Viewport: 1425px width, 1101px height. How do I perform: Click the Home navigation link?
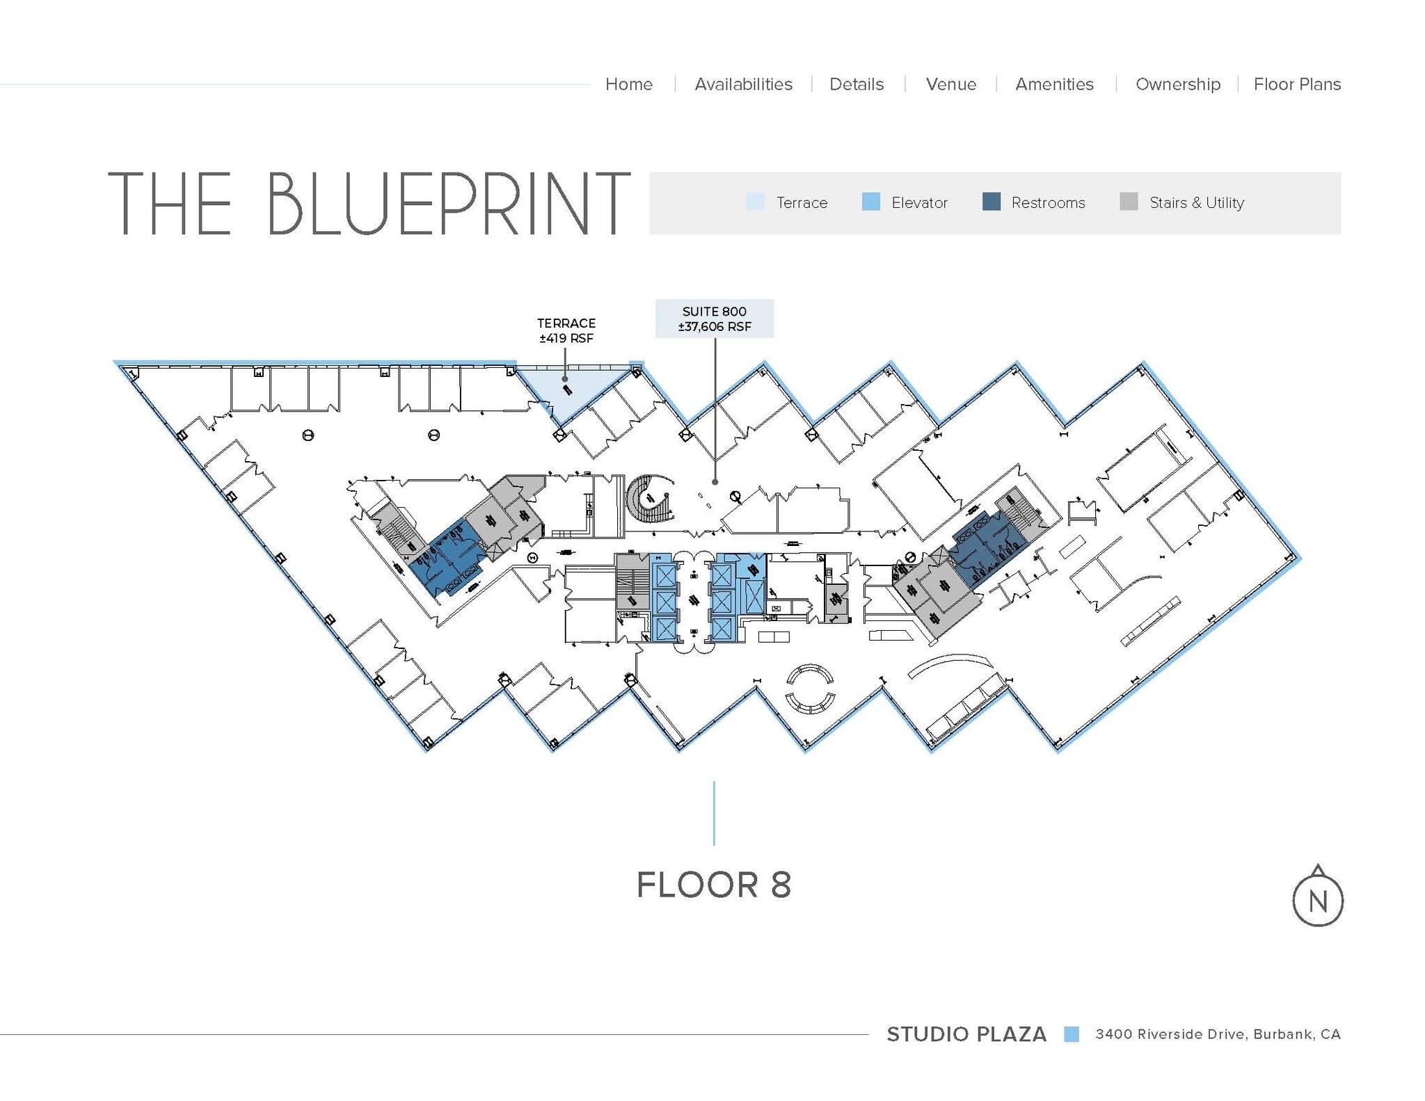[628, 84]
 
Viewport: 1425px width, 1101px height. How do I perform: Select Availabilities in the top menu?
[743, 84]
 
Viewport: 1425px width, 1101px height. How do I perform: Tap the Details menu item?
[857, 84]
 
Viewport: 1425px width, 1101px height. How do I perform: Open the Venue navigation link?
[951, 84]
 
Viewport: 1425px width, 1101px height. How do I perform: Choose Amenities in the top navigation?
[1054, 84]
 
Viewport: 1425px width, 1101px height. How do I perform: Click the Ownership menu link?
[1178, 85]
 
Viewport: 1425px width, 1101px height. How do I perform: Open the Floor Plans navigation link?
[1297, 84]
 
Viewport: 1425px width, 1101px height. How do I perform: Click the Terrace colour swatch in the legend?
[755, 202]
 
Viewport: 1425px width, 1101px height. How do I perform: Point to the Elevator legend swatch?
[870, 202]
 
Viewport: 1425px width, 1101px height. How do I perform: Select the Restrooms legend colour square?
[991, 202]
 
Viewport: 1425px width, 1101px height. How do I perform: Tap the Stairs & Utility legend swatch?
[1129, 202]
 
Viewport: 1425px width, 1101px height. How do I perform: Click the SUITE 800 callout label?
[715, 319]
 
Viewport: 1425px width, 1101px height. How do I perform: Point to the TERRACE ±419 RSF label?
[566, 330]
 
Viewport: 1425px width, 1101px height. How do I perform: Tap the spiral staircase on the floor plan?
[650, 499]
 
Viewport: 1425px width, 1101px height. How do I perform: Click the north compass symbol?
[1317, 897]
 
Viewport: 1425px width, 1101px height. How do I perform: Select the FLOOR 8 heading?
[714, 885]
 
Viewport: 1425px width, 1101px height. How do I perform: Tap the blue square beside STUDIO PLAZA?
[1072, 1034]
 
